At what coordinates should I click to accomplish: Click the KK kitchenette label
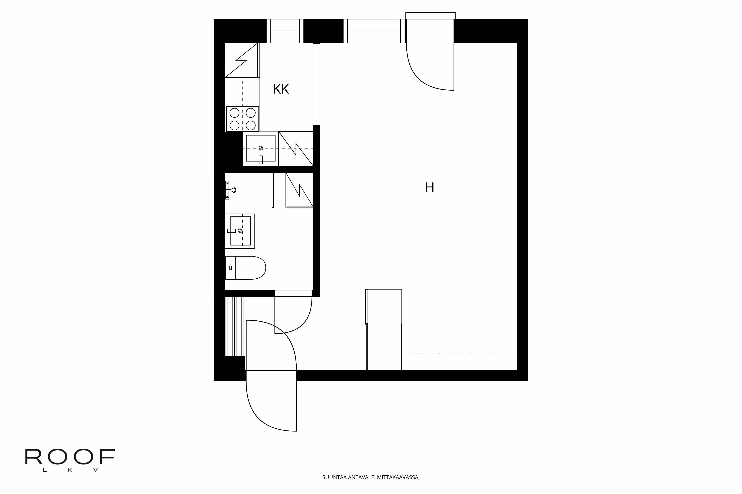[x=281, y=89]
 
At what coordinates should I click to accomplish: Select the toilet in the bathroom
[x=245, y=268]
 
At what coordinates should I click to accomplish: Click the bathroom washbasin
[x=240, y=231]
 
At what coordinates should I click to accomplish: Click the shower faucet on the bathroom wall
[x=230, y=190]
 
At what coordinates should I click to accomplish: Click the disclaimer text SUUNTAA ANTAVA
[x=345, y=477]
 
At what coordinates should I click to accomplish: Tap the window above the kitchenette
[x=285, y=31]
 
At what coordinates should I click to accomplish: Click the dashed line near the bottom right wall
[x=459, y=353]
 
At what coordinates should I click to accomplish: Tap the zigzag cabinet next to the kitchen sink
[x=296, y=148]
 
